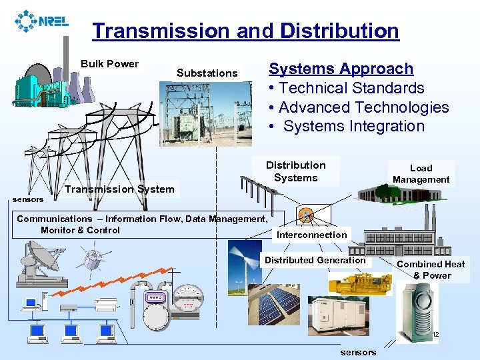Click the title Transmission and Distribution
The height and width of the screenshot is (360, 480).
[245, 31]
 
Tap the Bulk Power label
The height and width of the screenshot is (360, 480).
[109, 64]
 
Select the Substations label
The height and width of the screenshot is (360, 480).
[207, 73]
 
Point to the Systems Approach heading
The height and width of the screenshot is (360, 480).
[341, 69]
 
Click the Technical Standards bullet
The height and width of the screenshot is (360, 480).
[346, 88]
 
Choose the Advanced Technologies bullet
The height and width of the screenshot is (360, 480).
[358, 107]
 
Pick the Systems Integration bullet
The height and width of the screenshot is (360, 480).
[348, 126]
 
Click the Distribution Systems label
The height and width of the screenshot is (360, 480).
[296, 171]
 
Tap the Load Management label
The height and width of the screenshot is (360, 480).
[421, 173]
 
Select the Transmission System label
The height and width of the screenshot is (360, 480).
[119, 189]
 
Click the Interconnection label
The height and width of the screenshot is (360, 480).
[312, 235]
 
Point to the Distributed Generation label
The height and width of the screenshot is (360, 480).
[315, 260]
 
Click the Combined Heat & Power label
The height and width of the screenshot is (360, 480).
[431, 269]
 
